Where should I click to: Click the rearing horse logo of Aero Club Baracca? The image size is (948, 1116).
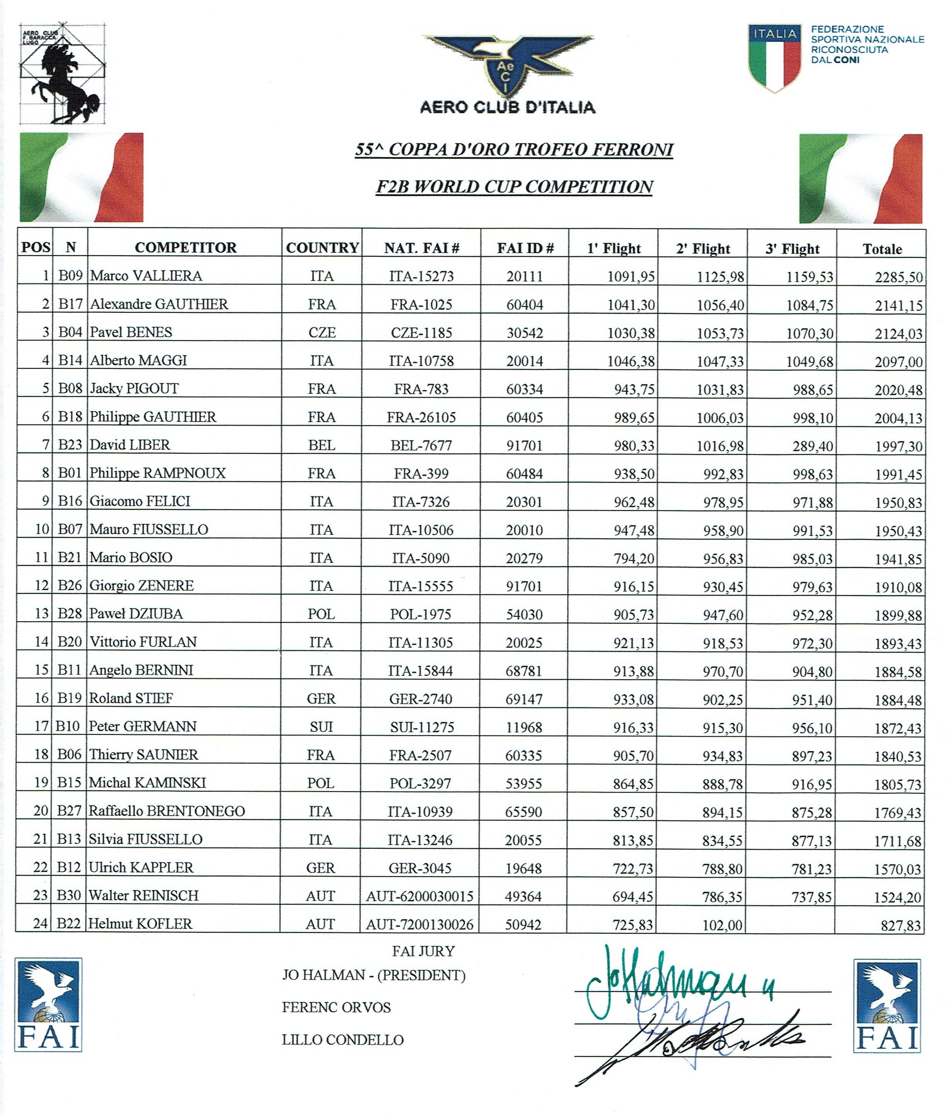(x=63, y=74)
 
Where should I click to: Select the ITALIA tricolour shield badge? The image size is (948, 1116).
(x=774, y=58)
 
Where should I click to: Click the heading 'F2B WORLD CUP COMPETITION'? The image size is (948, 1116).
(x=514, y=187)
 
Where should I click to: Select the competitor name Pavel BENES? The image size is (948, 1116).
(x=131, y=332)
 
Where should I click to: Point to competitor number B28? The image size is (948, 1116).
(x=70, y=613)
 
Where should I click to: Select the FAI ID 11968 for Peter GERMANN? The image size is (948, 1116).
(x=524, y=727)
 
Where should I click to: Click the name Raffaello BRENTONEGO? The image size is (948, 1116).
(x=167, y=811)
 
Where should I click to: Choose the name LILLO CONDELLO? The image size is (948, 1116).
(x=343, y=1040)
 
